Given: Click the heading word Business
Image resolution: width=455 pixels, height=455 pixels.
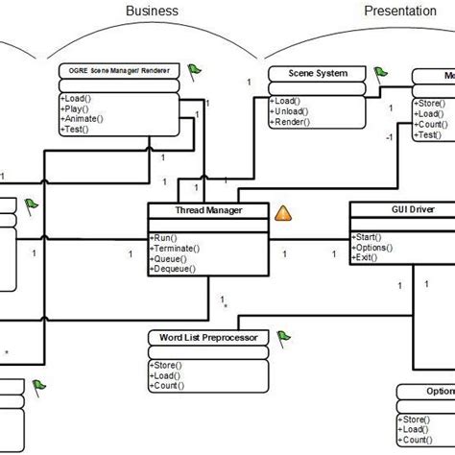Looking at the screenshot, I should click(x=153, y=11).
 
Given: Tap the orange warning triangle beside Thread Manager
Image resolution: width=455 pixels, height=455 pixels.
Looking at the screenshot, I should click(x=285, y=213).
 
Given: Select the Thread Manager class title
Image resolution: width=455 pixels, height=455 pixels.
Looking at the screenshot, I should click(x=207, y=210).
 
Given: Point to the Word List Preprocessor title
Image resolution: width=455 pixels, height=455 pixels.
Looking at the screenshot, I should click(x=206, y=338).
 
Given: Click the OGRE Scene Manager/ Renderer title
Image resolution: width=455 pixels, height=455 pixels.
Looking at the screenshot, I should click(x=120, y=72).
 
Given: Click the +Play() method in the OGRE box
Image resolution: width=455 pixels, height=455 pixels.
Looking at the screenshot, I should click(x=78, y=108).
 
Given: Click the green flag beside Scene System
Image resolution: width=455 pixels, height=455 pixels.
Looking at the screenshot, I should click(x=380, y=72).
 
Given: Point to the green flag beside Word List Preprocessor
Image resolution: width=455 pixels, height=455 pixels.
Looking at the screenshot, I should click(x=284, y=337).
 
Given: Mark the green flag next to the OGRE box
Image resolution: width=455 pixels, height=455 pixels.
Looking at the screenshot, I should click(x=195, y=70).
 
